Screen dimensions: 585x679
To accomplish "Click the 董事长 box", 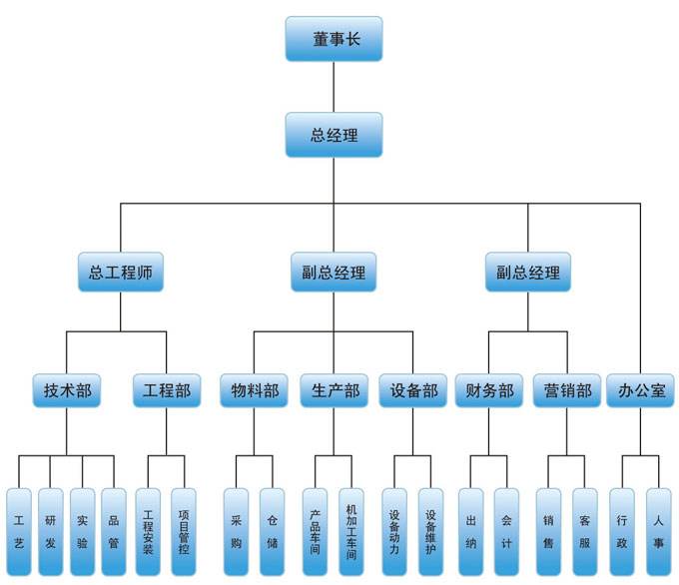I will pyautogui.click(x=335, y=39).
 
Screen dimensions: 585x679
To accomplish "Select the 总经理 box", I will pyautogui.click(x=335, y=135).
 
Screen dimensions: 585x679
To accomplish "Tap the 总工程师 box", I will pyautogui.click(x=120, y=271).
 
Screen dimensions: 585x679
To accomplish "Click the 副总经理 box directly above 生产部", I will pyautogui.click(x=335, y=271).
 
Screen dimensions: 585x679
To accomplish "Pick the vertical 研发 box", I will pyautogui.click(x=50, y=531).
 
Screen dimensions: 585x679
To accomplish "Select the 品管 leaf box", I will pyautogui.click(x=114, y=531).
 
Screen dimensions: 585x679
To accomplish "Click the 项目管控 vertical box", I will pyautogui.click(x=184, y=531).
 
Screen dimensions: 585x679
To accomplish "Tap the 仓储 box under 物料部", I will pyautogui.click(x=272, y=531).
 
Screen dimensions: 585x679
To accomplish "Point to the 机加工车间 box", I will pyautogui.click(x=351, y=531).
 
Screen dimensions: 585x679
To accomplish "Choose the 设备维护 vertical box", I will pyautogui.click(x=430, y=531).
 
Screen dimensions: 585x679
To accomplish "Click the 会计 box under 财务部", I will pyautogui.click(x=507, y=531).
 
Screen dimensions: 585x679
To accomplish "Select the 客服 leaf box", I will pyautogui.click(x=585, y=531).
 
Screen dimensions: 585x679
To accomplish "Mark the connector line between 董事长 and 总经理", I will pyautogui.click(x=335, y=87).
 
